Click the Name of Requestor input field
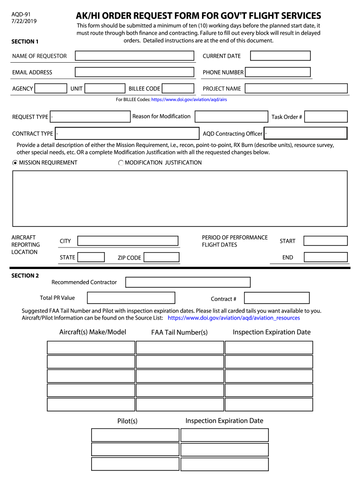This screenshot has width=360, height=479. tap(134, 56)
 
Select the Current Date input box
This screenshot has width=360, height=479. tap(280, 56)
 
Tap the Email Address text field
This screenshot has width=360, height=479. tap(134, 72)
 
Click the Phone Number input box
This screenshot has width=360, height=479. tap(278, 72)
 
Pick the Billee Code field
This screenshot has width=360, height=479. tap(178, 88)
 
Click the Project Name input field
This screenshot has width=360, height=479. tap(296, 88)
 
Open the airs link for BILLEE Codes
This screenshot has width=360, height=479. tap(189, 100)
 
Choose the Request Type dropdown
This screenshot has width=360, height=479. tap(90, 116)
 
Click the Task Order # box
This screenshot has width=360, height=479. tap(326, 116)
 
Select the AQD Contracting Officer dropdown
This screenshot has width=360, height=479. tap(305, 133)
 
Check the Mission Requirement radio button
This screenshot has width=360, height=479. tap(15, 163)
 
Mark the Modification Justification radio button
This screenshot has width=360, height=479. tap(121, 163)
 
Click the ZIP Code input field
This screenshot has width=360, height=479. tap(161, 257)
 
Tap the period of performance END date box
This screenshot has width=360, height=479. tap(325, 257)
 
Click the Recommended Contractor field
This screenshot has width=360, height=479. tap(188, 282)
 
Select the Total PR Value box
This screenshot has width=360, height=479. tap(131, 298)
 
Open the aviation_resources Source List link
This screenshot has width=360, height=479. tap(234, 318)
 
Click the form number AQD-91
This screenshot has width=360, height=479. tap(21, 15)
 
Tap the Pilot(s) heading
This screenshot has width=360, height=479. tap(127, 421)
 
